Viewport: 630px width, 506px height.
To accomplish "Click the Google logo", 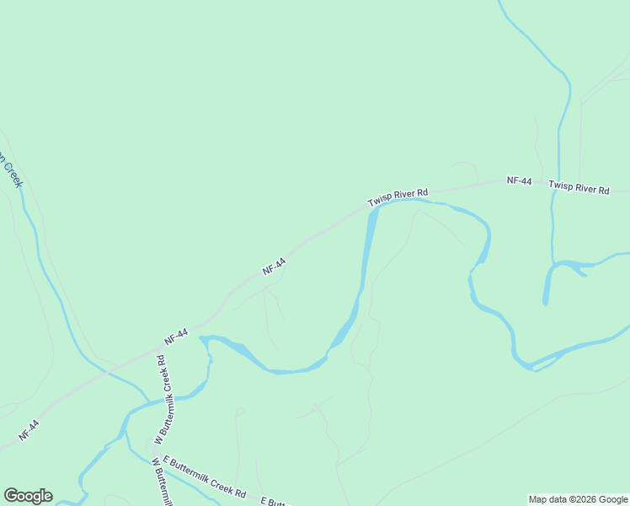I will coord(28,496).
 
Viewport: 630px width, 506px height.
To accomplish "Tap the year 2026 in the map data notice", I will coord(582,500).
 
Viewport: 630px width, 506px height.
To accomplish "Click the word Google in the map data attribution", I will coord(613,500).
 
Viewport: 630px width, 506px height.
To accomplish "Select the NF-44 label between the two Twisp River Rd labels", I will coord(519,180).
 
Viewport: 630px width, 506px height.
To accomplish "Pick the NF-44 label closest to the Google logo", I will coord(29,431).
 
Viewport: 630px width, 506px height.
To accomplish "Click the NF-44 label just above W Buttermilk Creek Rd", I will coord(176,336).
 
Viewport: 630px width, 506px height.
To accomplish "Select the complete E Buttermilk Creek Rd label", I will coord(205,476).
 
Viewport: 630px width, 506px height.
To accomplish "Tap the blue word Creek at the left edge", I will coord(12,175).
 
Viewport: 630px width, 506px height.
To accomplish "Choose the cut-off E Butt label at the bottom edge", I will coord(275,502).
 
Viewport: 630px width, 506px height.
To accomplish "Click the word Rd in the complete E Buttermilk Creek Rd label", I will coord(239,492).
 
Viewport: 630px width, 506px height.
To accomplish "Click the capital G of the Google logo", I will coord(11,496).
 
